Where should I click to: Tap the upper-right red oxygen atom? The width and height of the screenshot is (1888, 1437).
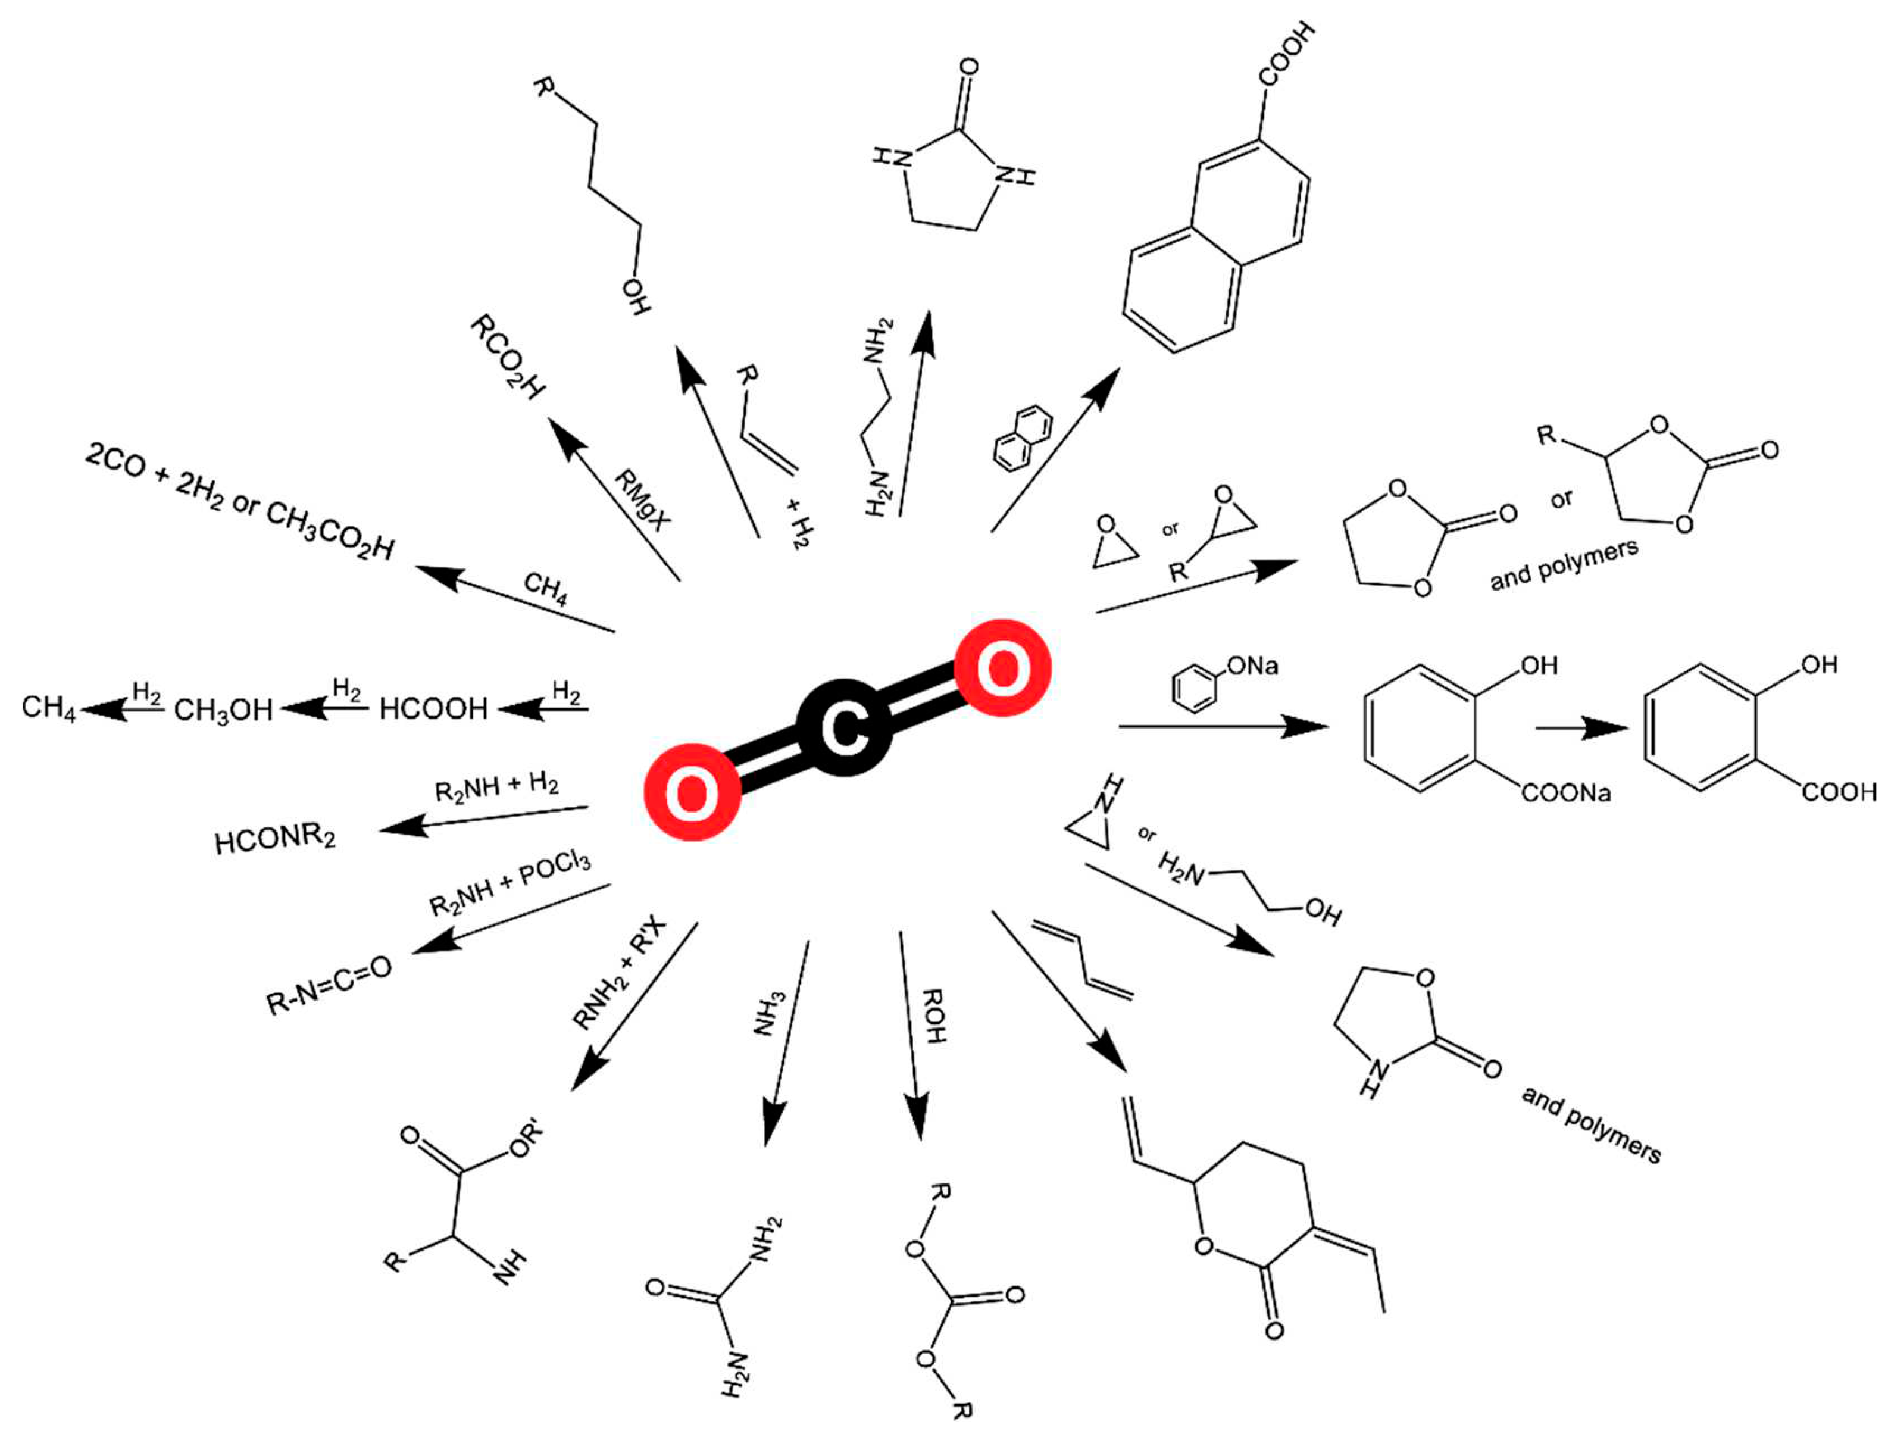[1002, 667]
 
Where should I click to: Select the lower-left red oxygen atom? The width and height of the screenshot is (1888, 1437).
[692, 791]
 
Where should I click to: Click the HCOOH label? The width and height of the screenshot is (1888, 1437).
[433, 709]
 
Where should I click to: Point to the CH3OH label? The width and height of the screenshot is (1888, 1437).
[223, 710]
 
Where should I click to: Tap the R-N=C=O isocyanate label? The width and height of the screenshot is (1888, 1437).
[329, 985]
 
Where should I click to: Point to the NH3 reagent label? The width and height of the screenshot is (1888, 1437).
[768, 1014]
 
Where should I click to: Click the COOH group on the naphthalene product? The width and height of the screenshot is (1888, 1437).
[1287, 55]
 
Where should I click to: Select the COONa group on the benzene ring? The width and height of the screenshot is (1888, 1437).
[1567, 794]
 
